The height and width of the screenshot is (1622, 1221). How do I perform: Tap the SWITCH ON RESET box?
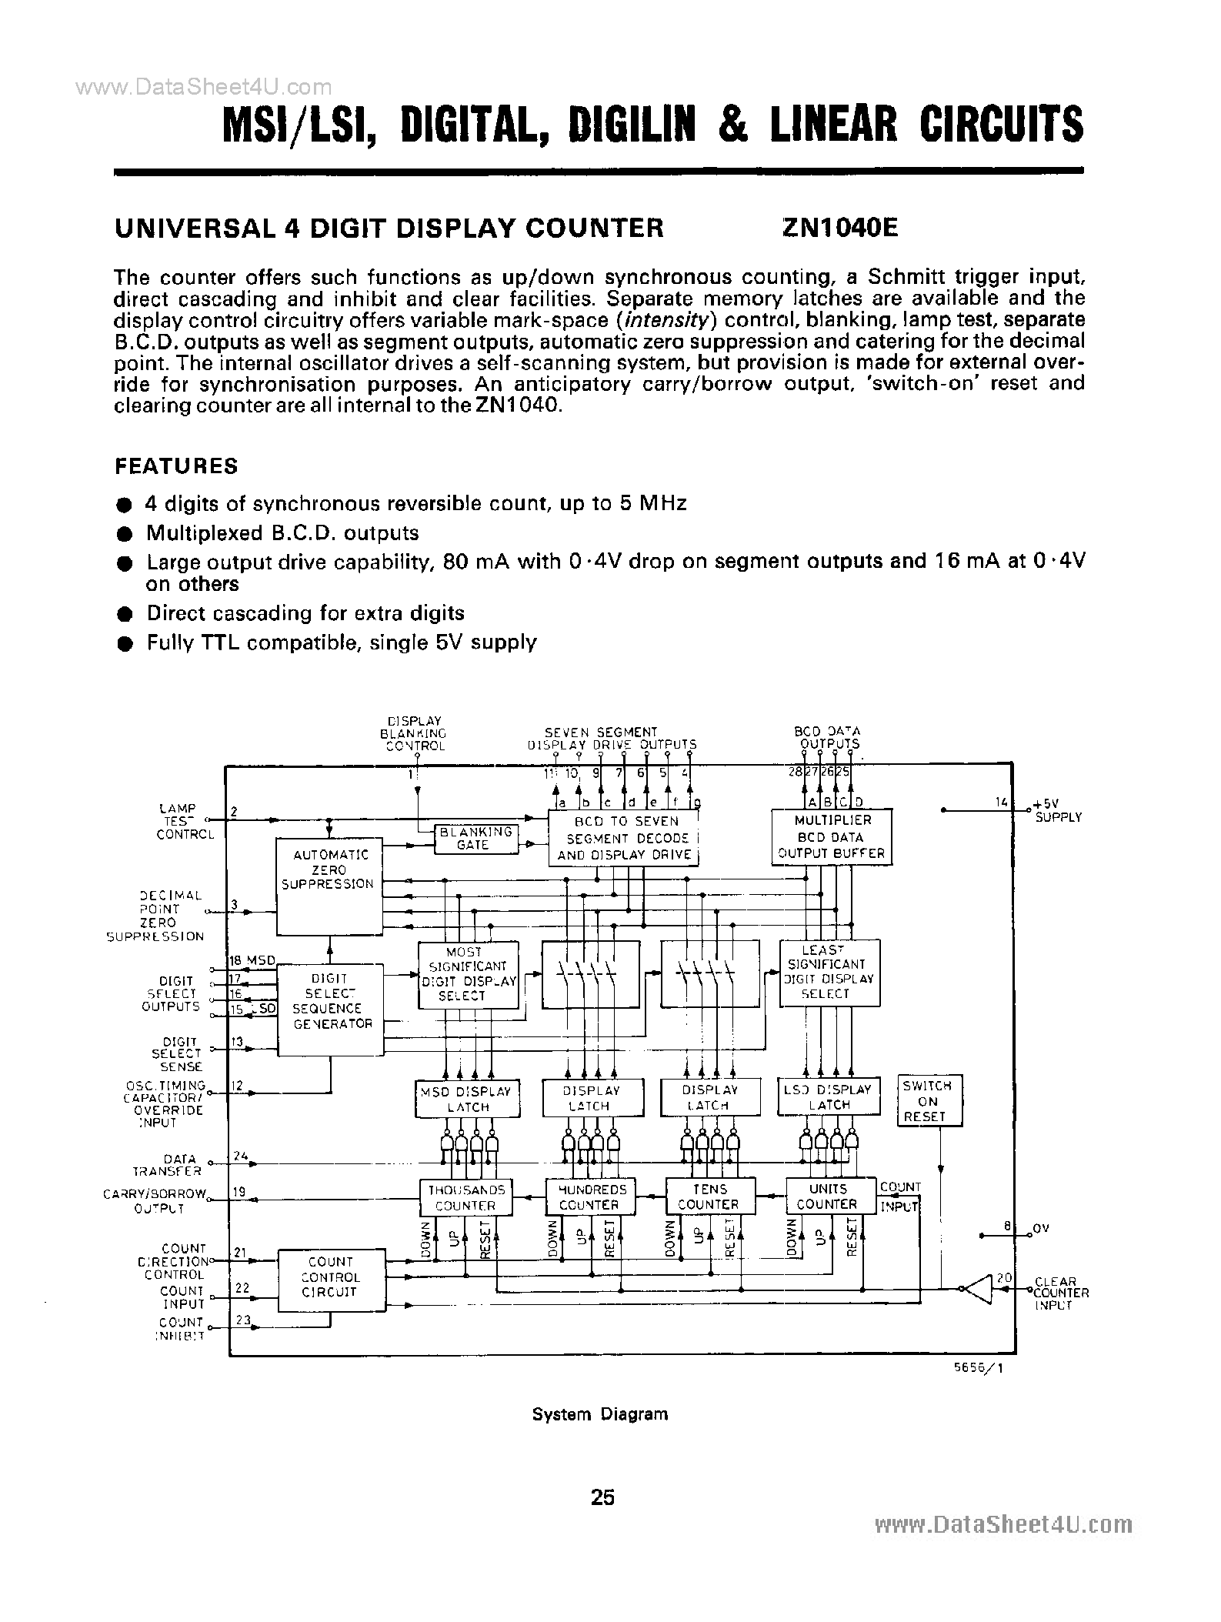coord(928,1101)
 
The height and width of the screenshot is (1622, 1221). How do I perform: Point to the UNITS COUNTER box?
coord(829,1196)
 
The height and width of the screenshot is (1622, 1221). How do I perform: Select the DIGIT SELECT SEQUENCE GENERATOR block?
coord(330,1009)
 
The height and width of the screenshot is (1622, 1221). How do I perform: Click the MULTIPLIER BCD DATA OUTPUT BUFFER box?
coord(831,837)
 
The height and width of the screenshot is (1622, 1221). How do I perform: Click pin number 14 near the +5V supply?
coord(1001,803)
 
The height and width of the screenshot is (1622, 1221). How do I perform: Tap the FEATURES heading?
coord(176,466)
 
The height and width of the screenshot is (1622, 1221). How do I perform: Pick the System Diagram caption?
coord(600,1414)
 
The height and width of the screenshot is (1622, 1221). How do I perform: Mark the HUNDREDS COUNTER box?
coord(590,1196)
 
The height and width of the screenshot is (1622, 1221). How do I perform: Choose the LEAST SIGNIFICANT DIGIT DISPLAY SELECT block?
coord(829,972)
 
